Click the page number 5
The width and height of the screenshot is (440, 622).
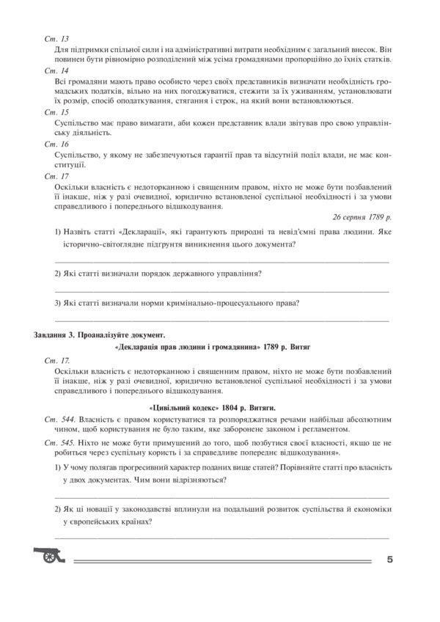click(x=390, y=560)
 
